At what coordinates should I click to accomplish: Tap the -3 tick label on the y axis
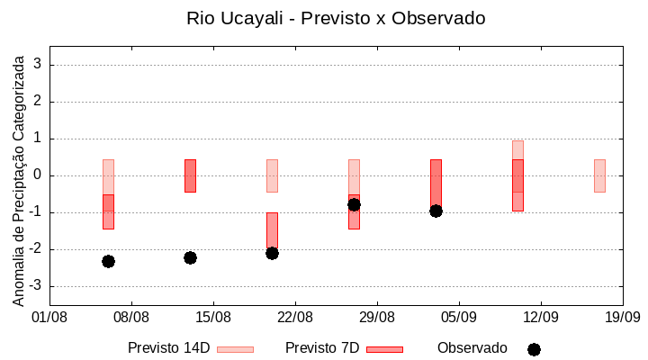36,286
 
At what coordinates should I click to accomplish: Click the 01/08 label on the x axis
49,317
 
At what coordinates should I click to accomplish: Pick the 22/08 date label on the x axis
295,317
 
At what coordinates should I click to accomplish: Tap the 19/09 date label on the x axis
622,317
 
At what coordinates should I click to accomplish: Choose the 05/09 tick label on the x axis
459,317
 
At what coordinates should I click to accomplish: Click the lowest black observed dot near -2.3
108,261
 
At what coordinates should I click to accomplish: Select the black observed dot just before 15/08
190,257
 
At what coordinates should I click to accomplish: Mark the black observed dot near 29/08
354,204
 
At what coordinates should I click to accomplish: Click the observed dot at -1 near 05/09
436,211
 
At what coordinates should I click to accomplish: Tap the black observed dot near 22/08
272,253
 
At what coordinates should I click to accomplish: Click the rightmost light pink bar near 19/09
599,175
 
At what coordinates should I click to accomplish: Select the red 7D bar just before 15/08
190,175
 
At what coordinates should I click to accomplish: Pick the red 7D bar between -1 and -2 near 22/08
272,229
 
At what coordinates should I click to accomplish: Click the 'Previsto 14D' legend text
168,348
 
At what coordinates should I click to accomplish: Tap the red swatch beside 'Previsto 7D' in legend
384,349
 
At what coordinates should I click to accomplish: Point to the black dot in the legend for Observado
534,349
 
